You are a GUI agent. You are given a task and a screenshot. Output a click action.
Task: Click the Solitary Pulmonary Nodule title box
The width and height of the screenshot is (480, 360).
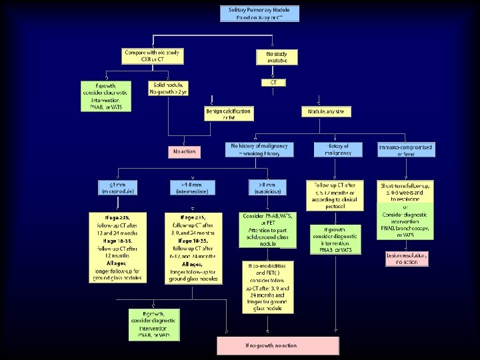point(259,13)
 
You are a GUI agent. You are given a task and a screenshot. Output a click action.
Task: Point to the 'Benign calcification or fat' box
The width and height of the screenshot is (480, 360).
point(229,114)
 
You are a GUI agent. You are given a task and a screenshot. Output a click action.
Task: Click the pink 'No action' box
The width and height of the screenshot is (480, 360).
point(184,151)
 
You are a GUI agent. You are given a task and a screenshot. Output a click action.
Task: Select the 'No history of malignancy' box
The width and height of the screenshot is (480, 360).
point(262,149)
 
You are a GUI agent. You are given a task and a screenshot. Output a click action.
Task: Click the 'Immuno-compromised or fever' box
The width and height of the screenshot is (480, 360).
point(405,149)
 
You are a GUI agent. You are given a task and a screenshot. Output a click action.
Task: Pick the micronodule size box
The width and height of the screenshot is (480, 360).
point(117,187)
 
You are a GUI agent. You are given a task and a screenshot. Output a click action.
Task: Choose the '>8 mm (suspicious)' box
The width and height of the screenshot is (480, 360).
point(265,187)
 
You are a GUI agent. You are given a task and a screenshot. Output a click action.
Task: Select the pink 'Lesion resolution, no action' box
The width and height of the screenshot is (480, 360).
point(407,258)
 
